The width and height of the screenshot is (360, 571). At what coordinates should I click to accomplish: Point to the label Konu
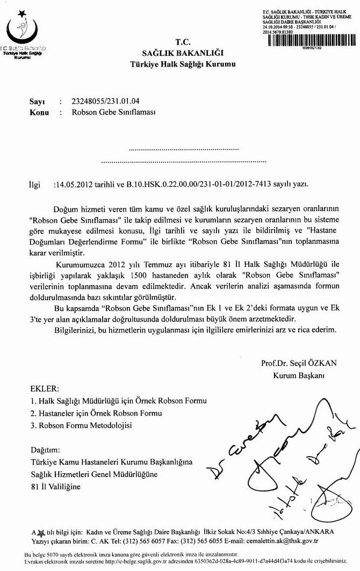pyautogui.click(x=39, y=112)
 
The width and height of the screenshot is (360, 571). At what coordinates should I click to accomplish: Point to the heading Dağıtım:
pyautogui.click(x=46, y=449)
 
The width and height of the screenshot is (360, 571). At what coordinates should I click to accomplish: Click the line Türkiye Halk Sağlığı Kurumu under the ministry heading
pyautogui.click(x=183, y=65)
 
